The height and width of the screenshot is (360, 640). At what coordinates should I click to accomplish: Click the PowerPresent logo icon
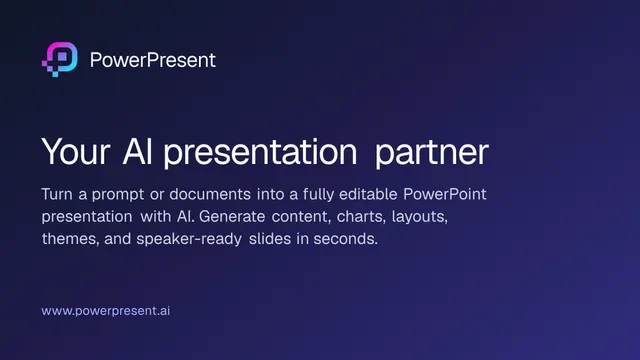[60, 60]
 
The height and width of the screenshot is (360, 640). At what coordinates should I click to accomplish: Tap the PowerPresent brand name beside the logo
[153, 60]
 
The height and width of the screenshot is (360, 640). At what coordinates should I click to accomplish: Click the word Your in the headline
[76, 151]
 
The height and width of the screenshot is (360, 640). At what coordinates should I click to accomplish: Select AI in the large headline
[138, 151]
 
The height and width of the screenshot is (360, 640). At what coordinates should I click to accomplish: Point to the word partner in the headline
[431, 154]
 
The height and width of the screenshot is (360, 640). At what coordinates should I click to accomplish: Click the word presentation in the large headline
[260, 154]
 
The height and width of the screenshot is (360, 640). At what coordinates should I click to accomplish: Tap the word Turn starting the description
[57, 194]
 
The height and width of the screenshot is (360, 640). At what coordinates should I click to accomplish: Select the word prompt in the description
[118, 195]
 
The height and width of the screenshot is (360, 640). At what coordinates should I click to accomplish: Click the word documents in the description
[210, 194]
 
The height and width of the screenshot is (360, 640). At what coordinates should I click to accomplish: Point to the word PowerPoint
[445, 194]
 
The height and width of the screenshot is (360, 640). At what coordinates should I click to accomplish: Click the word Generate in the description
[232, 216]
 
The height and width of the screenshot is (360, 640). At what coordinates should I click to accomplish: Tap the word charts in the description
[361, 217]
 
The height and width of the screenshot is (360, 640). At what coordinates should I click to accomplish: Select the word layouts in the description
[420, 217]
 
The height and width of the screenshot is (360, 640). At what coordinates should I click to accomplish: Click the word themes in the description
[70, 239]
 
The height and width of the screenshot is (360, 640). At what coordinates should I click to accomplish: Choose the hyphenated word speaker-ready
[189, 240]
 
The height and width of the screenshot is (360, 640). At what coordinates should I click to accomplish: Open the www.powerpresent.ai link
[106, 311]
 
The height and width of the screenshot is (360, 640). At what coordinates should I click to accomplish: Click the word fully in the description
[318, 195]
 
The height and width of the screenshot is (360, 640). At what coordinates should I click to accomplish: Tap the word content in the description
[301, 217]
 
